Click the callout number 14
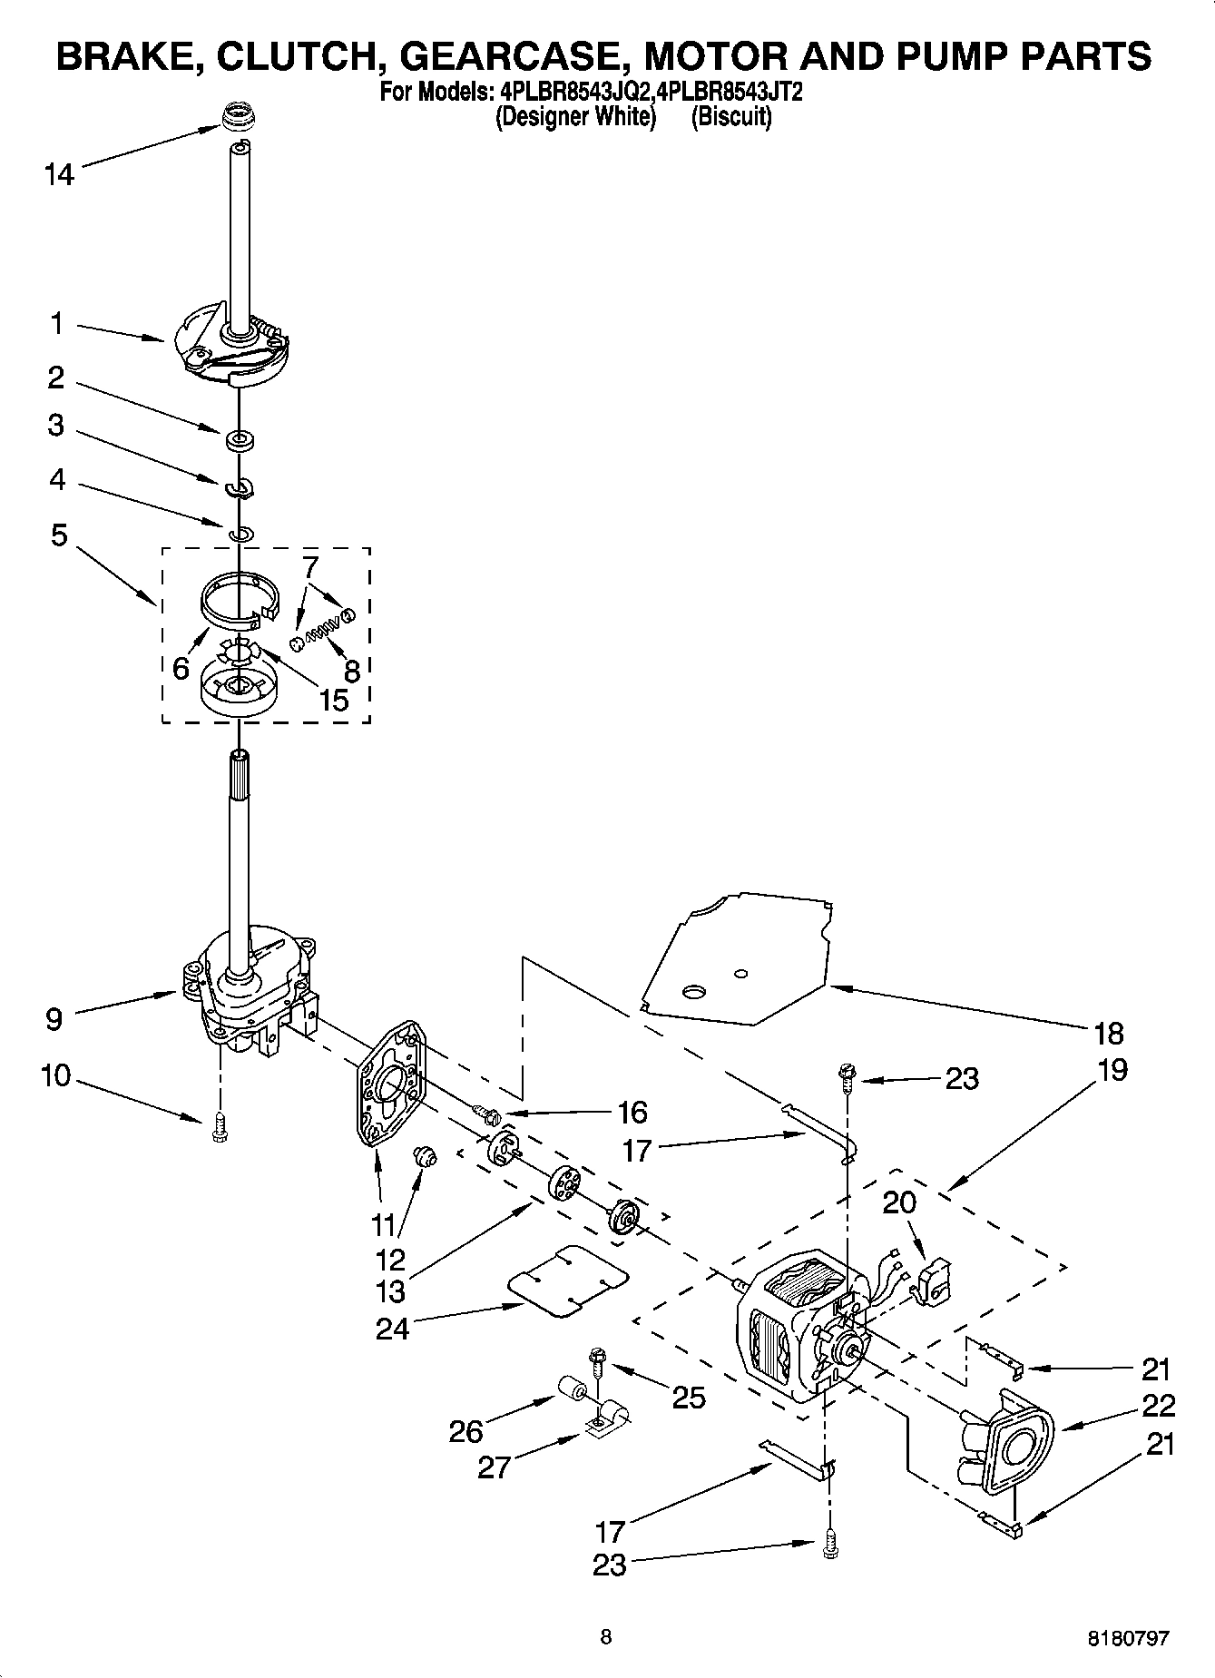coord(59,173)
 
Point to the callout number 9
coord(54,1019)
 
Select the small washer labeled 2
coord(240,441)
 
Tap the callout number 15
coord(334,699)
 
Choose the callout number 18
coord(1108,1033)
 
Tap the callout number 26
coord(466,1431)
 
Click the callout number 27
coord(495,1467)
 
